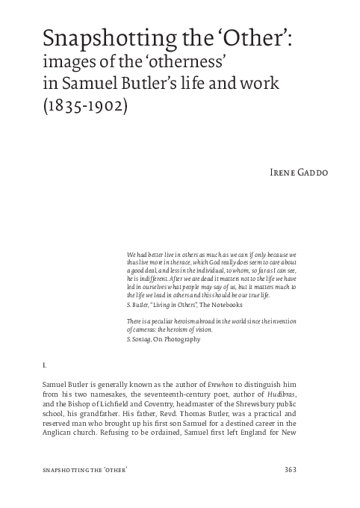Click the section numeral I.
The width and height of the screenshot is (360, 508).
[x=46, y=366]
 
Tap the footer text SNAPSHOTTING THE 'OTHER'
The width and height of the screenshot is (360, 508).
[x=83, y=469]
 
